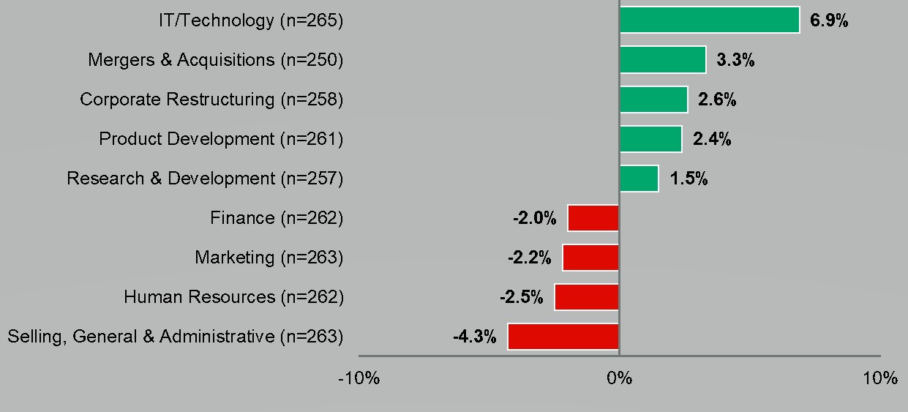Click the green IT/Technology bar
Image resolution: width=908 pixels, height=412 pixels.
(709, 20)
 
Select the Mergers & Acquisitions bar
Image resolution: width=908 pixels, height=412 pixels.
(662, 59)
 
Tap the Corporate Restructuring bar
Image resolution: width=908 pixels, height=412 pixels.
(653, 99)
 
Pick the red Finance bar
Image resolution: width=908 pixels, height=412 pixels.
(593, 218)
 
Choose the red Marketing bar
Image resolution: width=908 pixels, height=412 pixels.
(590, 258)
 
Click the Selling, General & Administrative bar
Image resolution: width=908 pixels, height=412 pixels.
(563, 337)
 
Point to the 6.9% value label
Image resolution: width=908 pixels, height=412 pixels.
(829, 20)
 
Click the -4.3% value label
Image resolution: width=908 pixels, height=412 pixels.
(475, 337)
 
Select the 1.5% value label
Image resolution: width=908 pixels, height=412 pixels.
(688, 179)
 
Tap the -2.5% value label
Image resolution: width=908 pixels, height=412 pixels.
(522, 298)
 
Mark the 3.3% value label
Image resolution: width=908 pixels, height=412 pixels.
(735, 60)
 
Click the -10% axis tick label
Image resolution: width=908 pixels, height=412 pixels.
(359, 378)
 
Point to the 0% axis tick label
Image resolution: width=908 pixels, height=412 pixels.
(619, 378)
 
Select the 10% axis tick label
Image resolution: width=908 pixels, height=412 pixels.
(879, 378)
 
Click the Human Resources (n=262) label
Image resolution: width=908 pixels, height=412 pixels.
(233, 297)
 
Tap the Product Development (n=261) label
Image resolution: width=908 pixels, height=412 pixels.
(221, 138)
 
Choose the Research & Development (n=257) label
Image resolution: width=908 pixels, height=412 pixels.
(205, 178)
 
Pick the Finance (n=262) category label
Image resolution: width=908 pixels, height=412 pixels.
(277, 217)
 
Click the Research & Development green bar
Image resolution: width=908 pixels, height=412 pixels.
(639, 179)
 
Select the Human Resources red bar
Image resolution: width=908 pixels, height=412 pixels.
(587, 297)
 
